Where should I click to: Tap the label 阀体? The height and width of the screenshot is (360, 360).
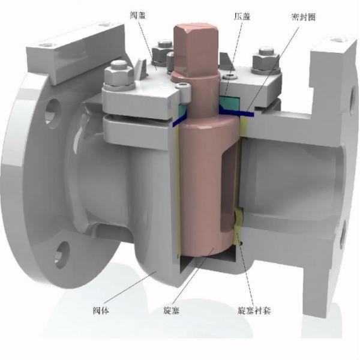point(101,311)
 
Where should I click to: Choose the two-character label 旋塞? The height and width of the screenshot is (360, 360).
point(172,311)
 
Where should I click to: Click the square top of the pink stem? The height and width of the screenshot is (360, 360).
point(193,38)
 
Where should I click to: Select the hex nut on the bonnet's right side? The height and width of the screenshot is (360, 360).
point(263,61)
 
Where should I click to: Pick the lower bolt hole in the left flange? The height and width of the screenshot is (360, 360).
point(63,250)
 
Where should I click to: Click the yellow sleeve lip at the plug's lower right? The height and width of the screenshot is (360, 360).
point(238,222)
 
